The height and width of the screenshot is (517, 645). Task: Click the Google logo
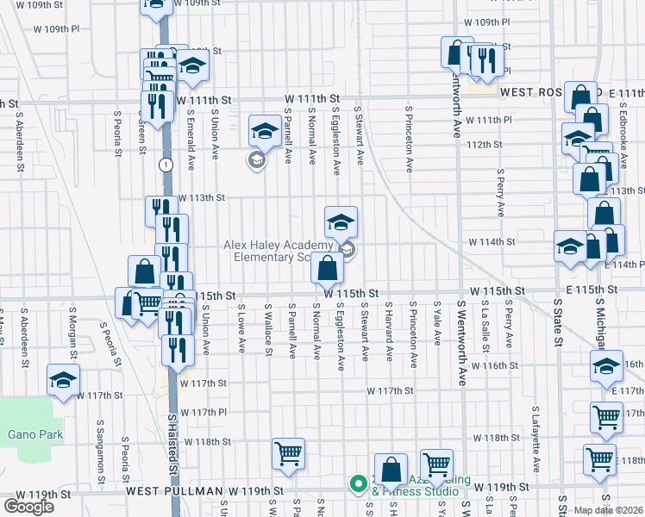[28, 507]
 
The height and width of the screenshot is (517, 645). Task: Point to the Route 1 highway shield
[165, 163]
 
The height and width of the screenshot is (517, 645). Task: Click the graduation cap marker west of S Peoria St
[63, 380]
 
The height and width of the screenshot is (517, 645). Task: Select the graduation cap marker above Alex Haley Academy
[341, 221]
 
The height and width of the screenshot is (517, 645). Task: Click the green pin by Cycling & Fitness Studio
[357, 484]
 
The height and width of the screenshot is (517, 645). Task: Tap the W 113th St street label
[201, 197]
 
